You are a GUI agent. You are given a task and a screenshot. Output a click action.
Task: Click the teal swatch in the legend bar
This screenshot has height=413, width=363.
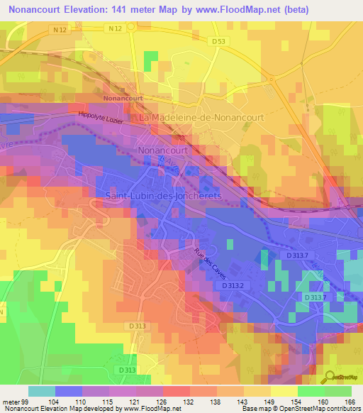coord(42,391)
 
